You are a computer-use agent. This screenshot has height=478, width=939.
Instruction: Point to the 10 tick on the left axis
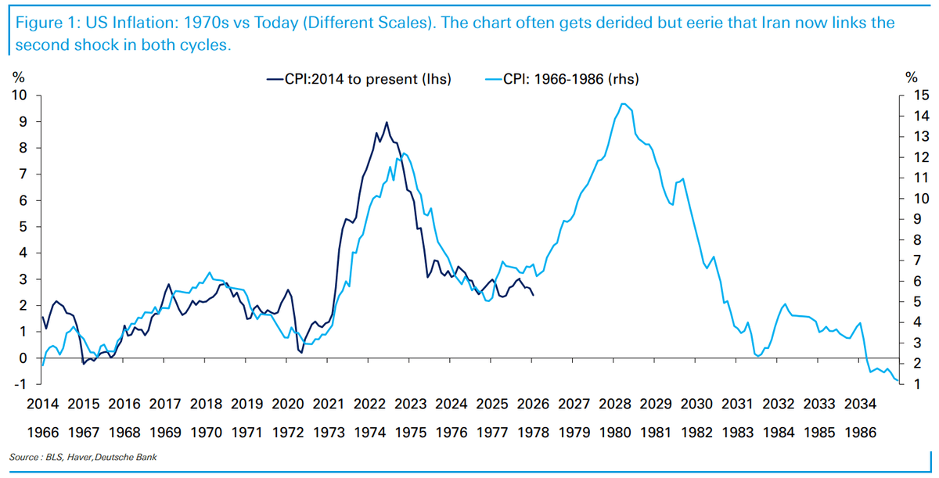[x=19, y=95]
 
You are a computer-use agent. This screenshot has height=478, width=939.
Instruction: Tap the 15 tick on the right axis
[x=912, y=95]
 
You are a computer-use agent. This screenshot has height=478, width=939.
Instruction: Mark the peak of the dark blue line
[x=387, y=122]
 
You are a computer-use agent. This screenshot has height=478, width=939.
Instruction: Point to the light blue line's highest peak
[x=621, y=103]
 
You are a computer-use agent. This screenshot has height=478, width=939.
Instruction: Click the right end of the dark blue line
[x=534, y=295]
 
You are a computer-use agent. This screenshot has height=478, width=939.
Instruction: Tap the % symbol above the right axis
[x=911, y=77]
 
